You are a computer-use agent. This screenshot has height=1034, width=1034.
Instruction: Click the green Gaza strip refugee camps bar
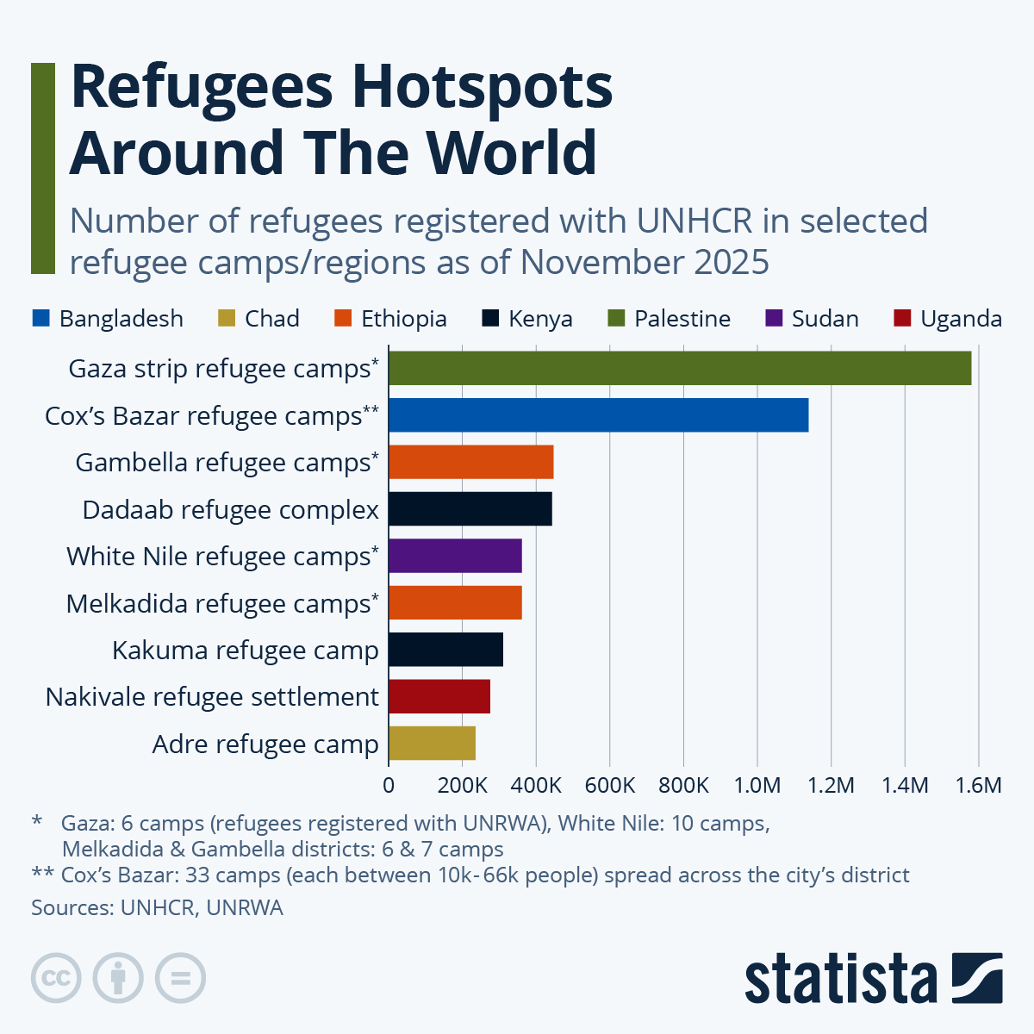point(679,368)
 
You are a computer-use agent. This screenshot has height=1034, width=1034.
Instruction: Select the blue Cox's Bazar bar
point(598,415)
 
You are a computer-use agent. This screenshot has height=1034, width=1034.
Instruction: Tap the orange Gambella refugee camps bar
point(470,462)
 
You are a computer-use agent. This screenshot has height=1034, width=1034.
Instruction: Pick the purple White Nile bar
point(455,556)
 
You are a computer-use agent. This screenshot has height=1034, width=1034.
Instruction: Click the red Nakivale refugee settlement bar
point(439,696)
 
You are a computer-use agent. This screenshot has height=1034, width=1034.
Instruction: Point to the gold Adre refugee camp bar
point(432,743)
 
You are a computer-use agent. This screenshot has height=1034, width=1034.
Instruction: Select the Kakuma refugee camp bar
point(445,650)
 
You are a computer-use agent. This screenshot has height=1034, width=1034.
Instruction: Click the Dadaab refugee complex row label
point(230,510)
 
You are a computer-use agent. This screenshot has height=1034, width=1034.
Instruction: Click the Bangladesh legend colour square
point(40,319)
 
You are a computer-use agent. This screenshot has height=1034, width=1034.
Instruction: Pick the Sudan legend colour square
point(774,319)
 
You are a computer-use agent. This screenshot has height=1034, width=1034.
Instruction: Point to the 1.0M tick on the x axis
point(757,785)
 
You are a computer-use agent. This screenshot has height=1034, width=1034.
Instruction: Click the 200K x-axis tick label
point(463,785)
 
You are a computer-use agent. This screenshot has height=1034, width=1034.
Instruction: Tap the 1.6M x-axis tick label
point(979,785)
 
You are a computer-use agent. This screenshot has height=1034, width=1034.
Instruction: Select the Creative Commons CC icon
point(56,978)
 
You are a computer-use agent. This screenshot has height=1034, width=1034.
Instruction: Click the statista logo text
point(840,978)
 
